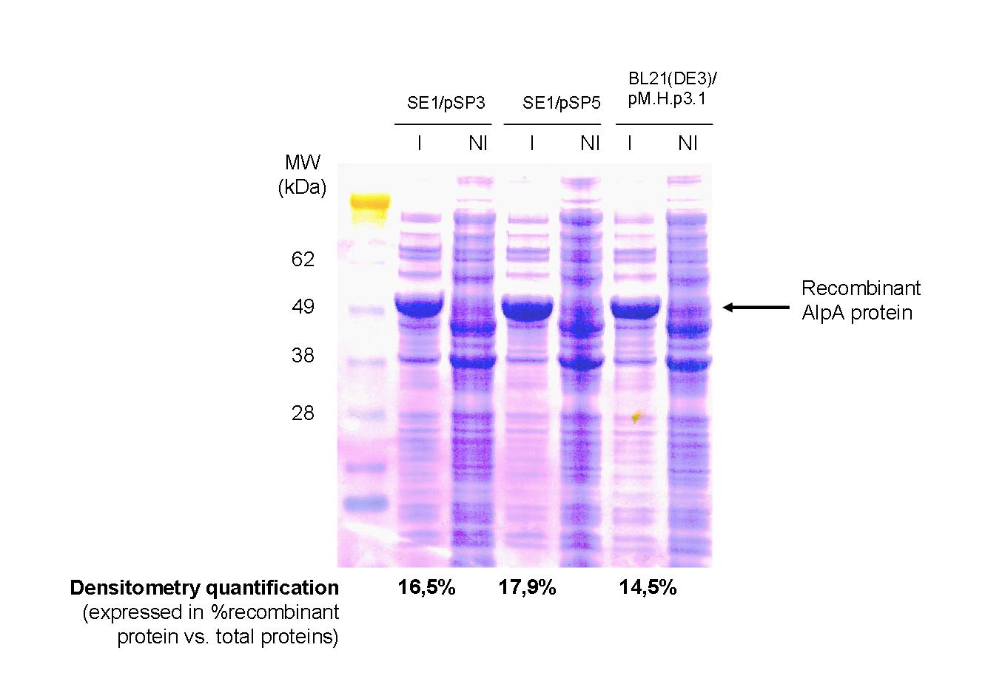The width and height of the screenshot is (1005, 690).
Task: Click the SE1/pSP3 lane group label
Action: point(446,104)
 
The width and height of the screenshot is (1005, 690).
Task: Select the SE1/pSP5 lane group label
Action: point(561,104)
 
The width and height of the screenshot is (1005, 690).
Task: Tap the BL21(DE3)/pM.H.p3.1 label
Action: point(672,89)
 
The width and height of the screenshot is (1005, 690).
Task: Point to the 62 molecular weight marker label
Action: point(303,259)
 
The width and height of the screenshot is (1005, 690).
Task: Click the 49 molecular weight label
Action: point(303,307)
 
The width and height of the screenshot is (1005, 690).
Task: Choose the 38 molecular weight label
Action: point(303,356)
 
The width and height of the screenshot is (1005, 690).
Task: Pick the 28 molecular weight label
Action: point(303,413)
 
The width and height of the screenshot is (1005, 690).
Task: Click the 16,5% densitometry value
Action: point(426,587)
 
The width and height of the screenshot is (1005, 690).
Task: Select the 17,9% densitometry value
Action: point(527,587)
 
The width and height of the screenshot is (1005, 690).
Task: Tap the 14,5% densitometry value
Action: point(648,587)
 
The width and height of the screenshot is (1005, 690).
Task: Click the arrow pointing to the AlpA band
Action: point(756,308)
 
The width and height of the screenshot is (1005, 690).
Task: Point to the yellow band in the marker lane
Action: point(370,202)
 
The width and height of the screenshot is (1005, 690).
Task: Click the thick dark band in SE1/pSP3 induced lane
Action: point(420,307)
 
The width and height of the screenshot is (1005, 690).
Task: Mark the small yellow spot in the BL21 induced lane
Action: point(636,417)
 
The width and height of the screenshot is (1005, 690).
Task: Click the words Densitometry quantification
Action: point(204,588)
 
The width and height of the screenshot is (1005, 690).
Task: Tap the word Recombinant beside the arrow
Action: point(861,288)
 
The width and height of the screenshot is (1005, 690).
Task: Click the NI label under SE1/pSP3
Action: point(478,143)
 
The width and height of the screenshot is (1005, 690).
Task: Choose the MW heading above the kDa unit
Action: point(303,162)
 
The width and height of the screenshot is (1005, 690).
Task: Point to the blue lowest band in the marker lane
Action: point(365,501)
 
